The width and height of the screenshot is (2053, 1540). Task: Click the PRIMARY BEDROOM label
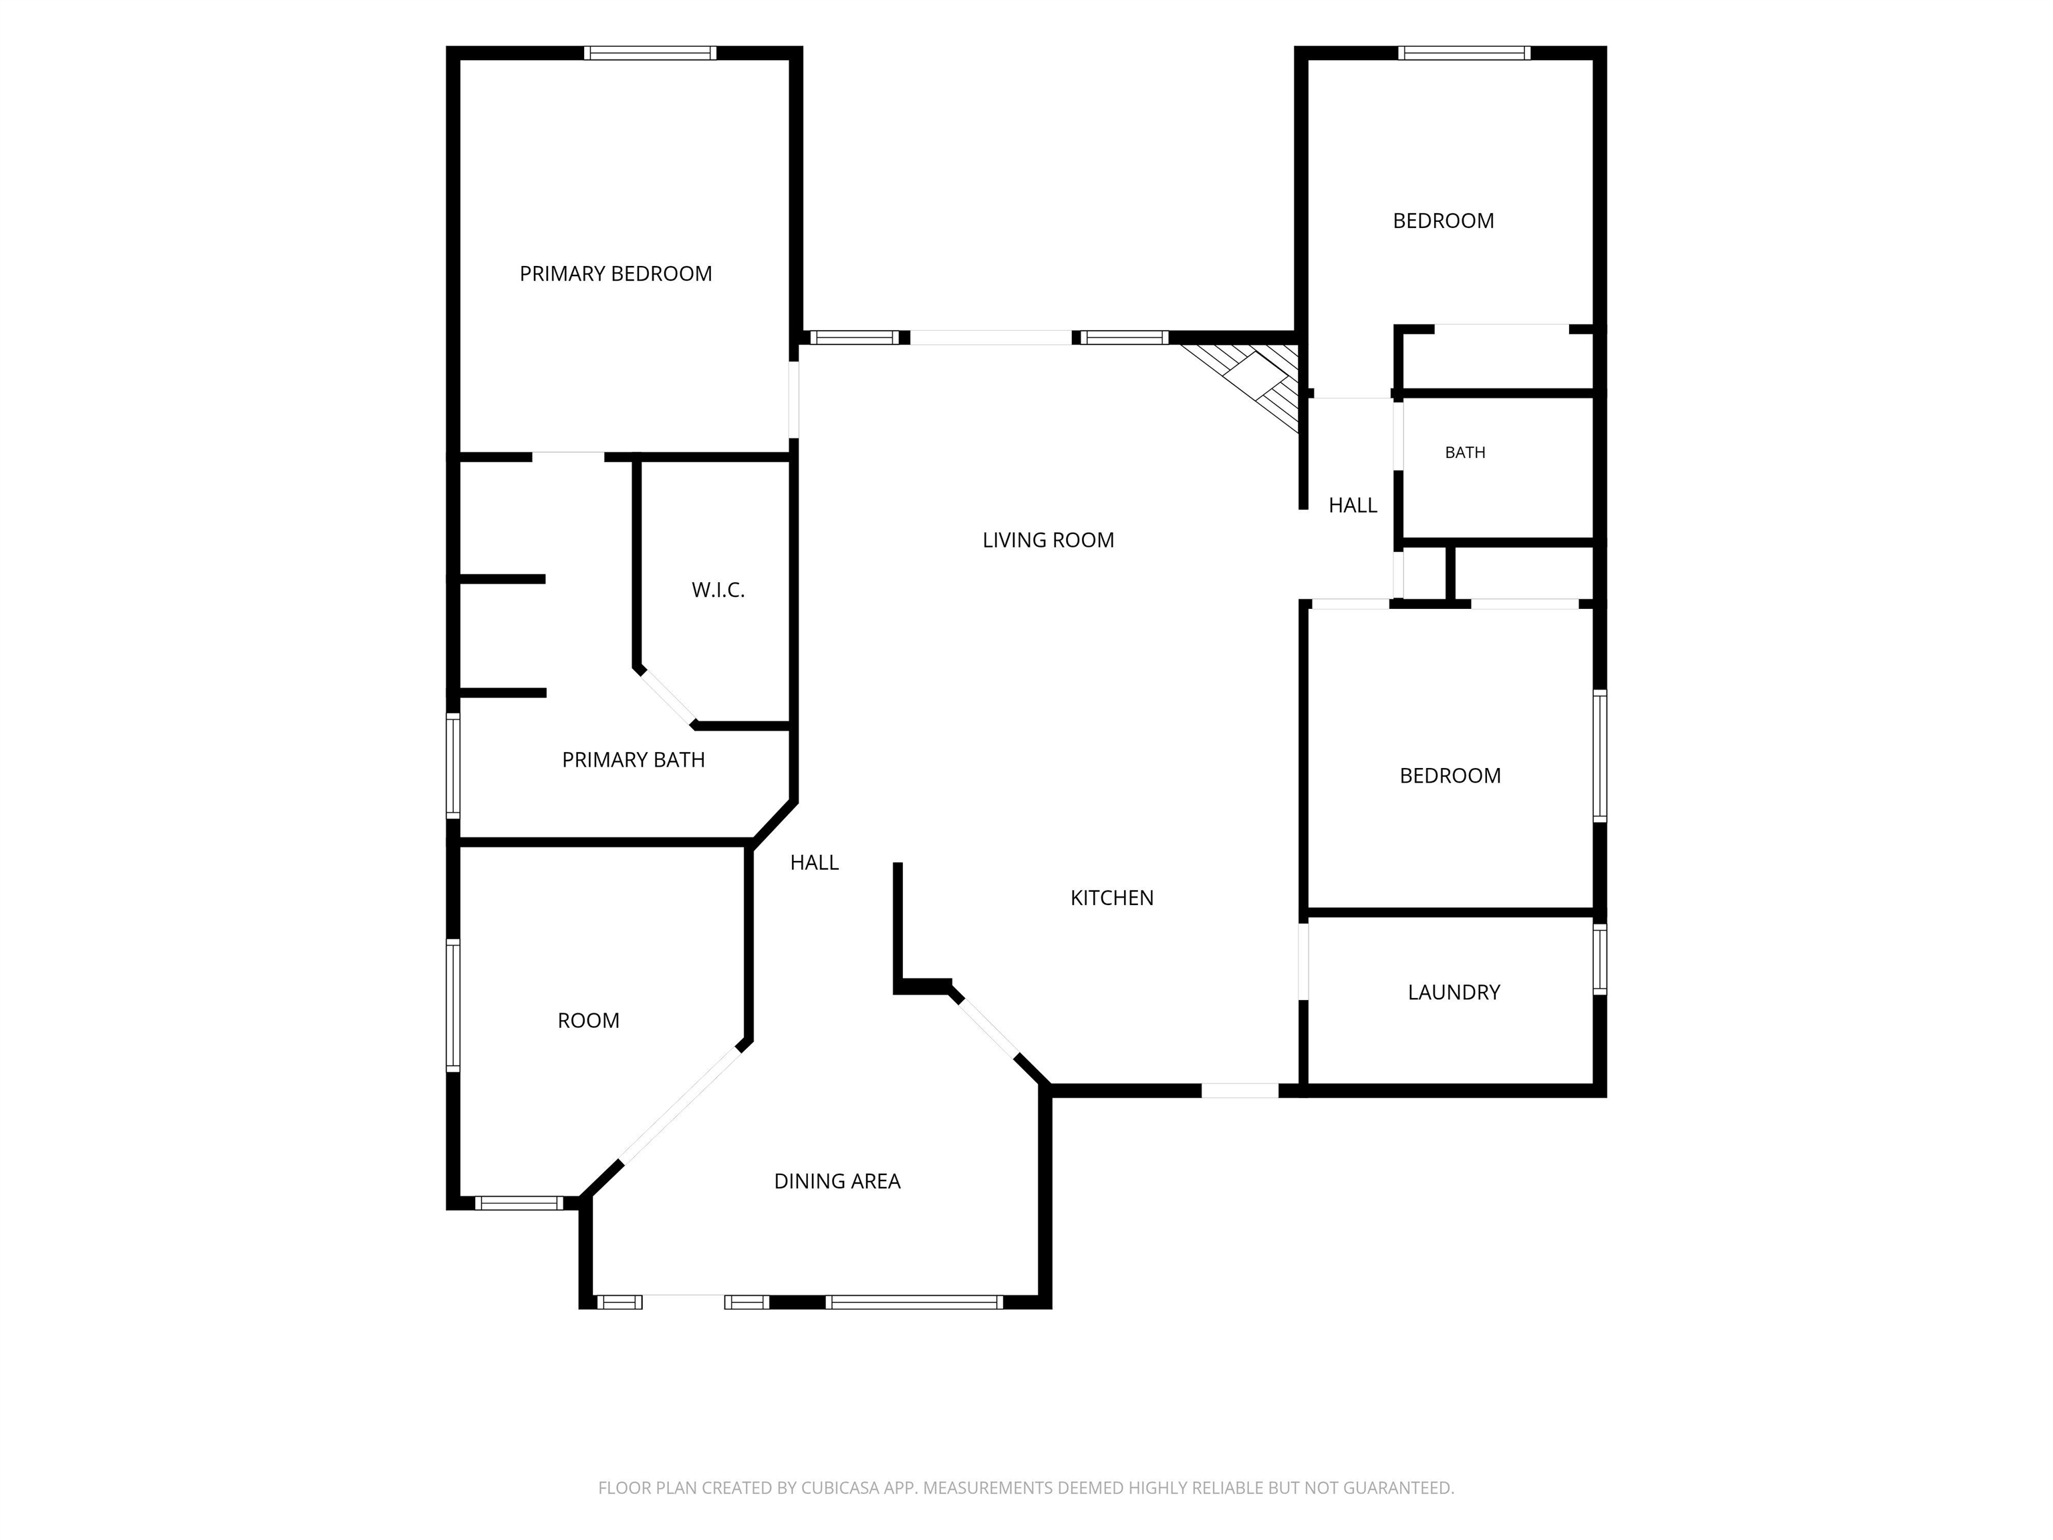click(615, 274)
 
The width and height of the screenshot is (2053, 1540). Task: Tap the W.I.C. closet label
click(718, 590)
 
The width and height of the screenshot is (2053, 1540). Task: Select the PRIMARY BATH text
click(633, 760)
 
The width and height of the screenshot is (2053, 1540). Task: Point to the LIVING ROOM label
click(1048, 540)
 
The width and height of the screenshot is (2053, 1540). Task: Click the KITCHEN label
click(1112, 898)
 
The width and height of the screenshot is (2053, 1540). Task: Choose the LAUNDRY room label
click(1454, 993)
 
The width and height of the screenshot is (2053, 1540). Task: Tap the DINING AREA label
click(837, 1181)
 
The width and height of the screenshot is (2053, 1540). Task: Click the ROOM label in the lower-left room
click(588, 1021)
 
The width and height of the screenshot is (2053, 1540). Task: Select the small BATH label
click(1465, 453)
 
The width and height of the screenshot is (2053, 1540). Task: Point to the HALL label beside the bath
click(1352, 505)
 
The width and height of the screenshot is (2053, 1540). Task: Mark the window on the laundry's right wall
click(1600, 959)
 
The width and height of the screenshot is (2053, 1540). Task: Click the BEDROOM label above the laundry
click(1450, 776)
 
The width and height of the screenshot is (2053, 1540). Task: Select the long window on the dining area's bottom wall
click(914, 1302)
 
